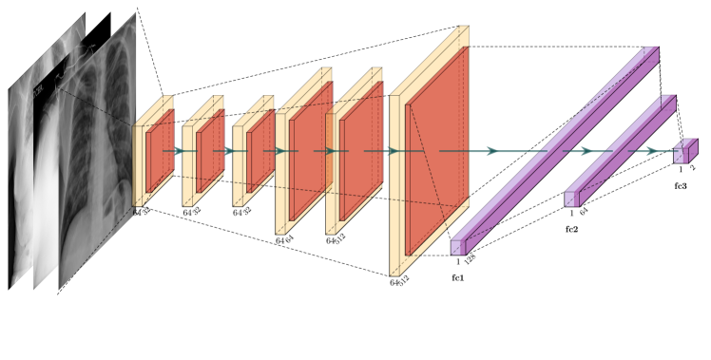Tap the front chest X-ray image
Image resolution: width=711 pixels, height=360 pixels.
100,152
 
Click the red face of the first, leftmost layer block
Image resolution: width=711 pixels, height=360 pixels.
160,152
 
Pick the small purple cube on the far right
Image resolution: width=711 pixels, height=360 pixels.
684,151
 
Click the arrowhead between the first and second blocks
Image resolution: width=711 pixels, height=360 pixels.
179,151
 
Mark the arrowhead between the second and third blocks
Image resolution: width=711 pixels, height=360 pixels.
229,151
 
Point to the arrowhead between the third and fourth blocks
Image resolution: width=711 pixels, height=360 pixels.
280,151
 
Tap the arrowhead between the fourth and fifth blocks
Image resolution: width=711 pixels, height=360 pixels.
332,151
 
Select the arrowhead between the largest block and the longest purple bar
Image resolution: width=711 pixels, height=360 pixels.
492,151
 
